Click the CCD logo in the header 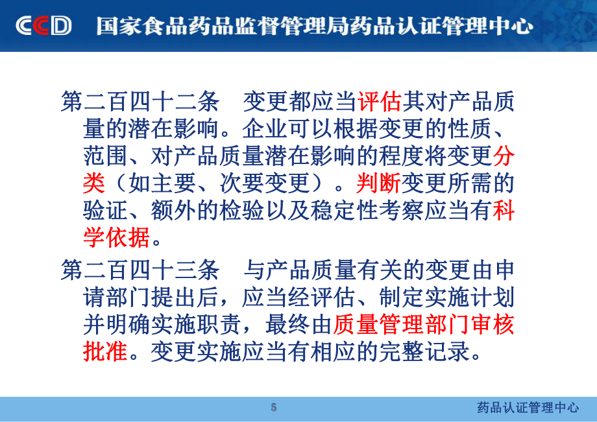click(43, 26)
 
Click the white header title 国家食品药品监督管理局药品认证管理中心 click(314, 26)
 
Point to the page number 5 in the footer click(273, 408)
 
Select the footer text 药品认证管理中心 click(528, 408)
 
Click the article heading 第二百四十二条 click(140, 102)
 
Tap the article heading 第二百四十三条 click(140, 270)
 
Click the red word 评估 click(379, 102)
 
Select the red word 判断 click(378, 183)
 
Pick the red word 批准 click(105, 351)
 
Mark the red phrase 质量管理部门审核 click(424, 324)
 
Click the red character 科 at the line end click(504, 210)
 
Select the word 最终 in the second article click(287, 324)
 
